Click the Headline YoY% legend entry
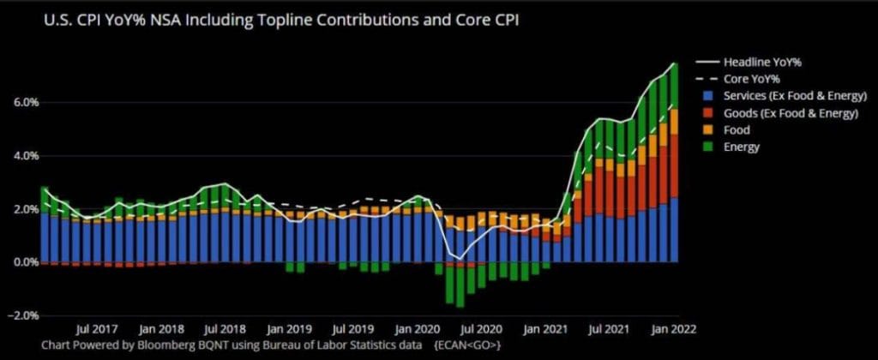[761, 62]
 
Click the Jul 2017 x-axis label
[93, 328]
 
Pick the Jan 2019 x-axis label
[287, 328]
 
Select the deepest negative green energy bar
[460, 284]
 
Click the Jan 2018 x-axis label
[158, 328]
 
